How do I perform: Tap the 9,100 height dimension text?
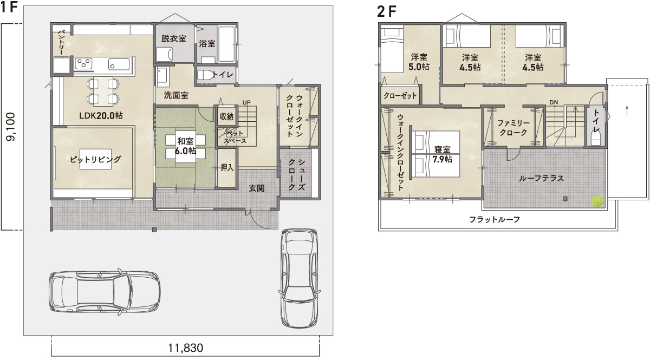click(10, 127)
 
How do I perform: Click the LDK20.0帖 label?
click(100, 115)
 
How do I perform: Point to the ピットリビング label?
click(95, 159)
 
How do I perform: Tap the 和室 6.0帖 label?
click(185, 146)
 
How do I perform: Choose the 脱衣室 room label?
click(173, 38)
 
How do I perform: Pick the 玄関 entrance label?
click(256, 188)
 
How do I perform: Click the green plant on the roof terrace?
click(597, 201)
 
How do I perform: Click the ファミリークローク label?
click(512, 128)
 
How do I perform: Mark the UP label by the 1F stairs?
click(246, 102)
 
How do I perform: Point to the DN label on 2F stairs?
click(554, 102)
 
